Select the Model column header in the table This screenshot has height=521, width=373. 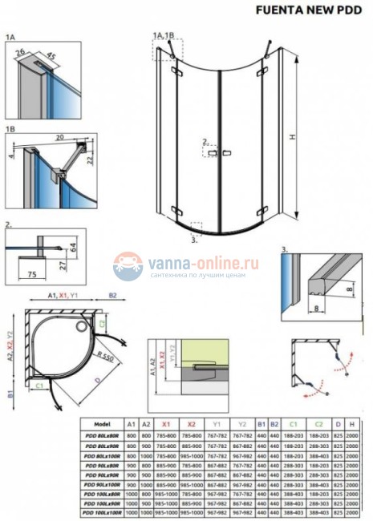coord(102,424)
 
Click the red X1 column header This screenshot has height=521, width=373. coord(165,424)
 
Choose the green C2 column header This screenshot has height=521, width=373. coord(318,424)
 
